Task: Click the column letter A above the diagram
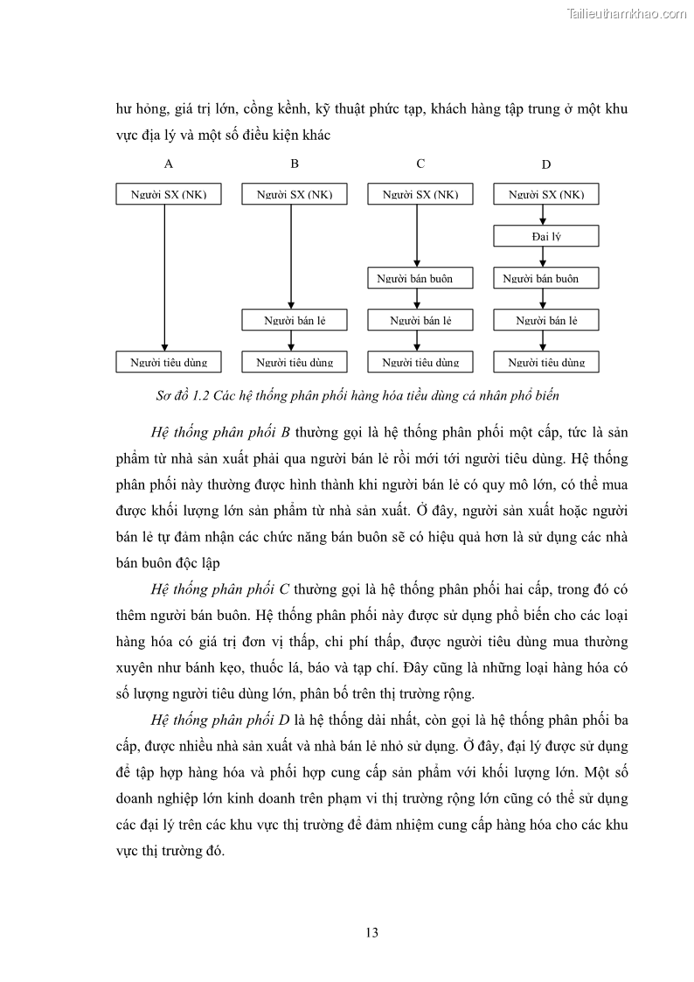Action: tap(169, 164)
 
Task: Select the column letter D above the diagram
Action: tap(546, 164)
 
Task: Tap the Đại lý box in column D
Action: tap(546, 236)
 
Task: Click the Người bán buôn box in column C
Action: tap(420, 278)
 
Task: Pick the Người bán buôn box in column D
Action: tap(546, 278)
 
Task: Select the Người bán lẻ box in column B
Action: tap(295, 320)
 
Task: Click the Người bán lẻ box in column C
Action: tap(420, 320)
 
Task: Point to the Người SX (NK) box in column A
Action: tap(169, 194)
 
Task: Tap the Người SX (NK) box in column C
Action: tap(420, 194)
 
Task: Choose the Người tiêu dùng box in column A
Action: tap(169, 361)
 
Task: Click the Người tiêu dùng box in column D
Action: tap(546, 361)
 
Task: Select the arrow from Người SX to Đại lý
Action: tap(544, 215)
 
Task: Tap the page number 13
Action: tap(371, 932)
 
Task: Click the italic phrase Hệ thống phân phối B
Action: tap(220, 433)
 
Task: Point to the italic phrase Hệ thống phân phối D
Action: tap(221, 721)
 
